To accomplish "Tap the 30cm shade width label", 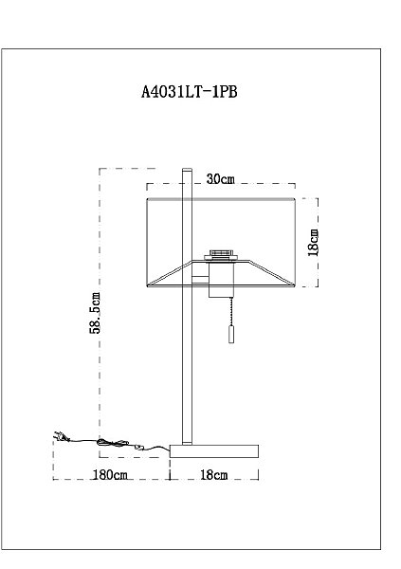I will tap(220, 179).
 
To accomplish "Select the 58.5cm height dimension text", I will tap(94, 313).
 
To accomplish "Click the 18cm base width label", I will tap(214, 473).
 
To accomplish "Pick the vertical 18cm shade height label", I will tap(315, 241).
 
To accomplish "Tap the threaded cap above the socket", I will tap(221, 253).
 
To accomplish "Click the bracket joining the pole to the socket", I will tap(201, 278).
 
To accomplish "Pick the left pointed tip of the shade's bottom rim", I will tap(149, 284).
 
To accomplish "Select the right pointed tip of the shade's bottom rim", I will tap(294, 284).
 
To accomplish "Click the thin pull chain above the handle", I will tap(228, 308).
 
